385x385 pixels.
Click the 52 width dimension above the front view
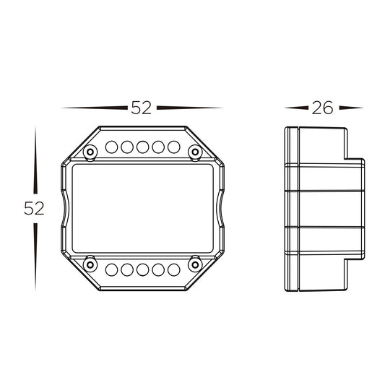click(x=141, y=108)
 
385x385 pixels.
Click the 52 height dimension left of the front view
click(x=34, y=208)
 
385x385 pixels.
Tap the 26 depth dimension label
click(x=322, y=108)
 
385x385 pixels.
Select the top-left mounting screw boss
click(x=90, y=152)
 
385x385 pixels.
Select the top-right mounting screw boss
click(x=195, y=152)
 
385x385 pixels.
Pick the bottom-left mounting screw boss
click(x=90, y=265)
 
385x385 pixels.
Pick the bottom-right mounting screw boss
click(x=195, y=265)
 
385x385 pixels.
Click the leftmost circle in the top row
click(x=111, y=147)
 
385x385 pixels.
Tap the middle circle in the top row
click(x=142, y=147)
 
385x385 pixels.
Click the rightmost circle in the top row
click(x=174, y=147)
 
